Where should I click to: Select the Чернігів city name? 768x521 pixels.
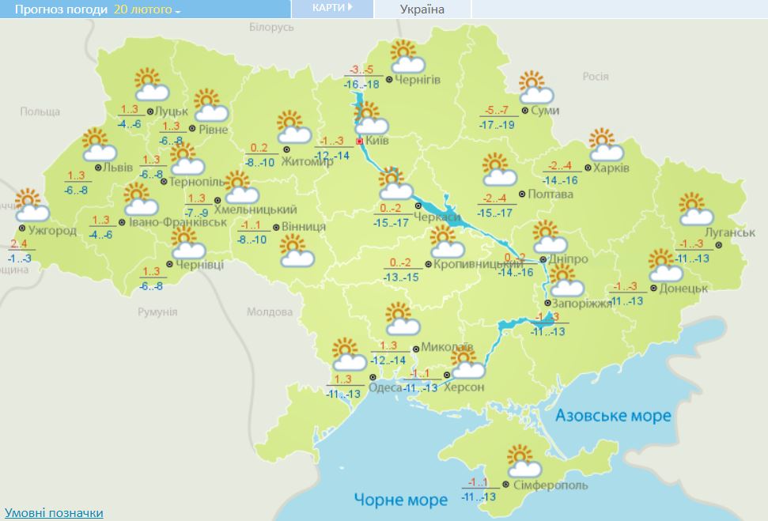point(417,80)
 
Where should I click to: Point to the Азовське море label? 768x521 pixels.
point(613,416)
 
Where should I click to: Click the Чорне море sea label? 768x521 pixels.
point(400,499)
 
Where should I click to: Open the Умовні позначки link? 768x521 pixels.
point(54,513)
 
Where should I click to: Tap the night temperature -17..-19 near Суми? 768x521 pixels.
point(497,125)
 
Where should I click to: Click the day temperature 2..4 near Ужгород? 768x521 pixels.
point(19,244)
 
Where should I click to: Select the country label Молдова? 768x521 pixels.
point(270,311)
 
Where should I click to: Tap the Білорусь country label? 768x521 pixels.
point(271,28)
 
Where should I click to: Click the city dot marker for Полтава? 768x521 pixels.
point(520,194)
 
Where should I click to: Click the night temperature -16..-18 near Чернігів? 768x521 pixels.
point(361,85)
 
